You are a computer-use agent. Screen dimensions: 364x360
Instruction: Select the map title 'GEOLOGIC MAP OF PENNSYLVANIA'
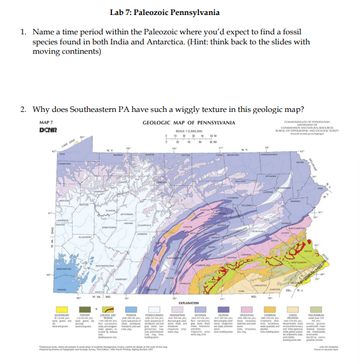pos(188,122)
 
